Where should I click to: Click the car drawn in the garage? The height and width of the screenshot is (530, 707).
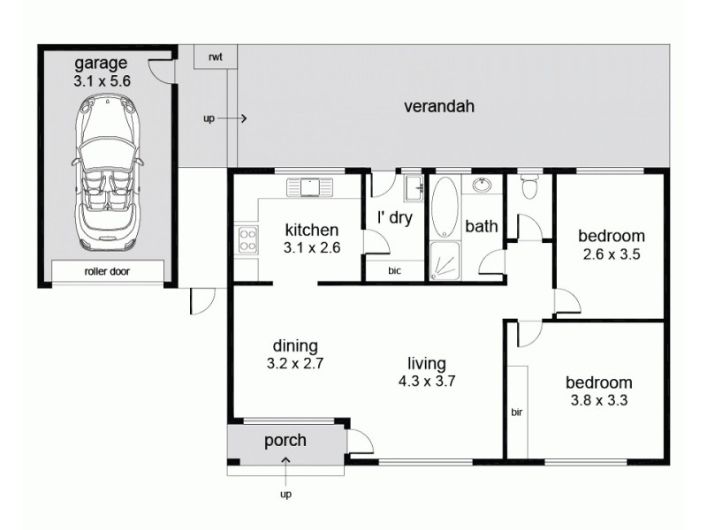pos(106,172)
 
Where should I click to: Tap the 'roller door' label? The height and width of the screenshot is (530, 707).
pos(107,272)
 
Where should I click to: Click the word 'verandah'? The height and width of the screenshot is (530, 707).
pos(439,107)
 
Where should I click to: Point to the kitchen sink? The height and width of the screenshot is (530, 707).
pos(308,186)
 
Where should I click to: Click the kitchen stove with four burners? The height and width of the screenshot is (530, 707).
pos(247,239)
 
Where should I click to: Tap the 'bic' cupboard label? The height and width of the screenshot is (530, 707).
pos(395,271)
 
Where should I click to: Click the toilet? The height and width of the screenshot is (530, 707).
pos(530,187)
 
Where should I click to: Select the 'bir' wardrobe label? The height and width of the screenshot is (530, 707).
pos(517,412)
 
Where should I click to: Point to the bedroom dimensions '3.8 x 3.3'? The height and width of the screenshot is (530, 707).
pos(599,399)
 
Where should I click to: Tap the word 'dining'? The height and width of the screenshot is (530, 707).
pos(295,345)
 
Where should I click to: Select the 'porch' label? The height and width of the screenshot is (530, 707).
pos(285,440)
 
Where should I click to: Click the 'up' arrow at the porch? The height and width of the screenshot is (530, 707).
pos(285,463)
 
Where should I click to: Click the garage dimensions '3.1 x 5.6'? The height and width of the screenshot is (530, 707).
pos(102,79)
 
